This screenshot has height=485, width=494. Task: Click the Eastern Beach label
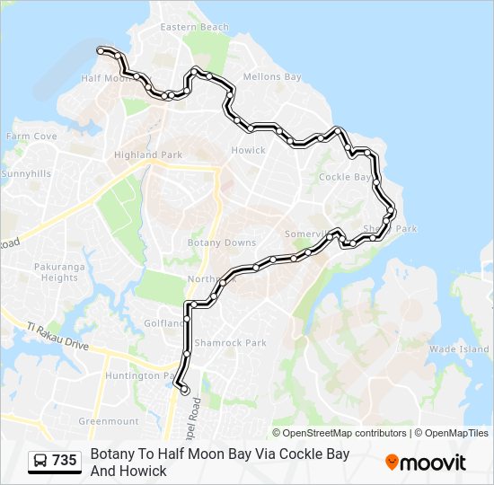(x=194, y=28)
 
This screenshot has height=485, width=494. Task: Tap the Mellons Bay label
(x=272, y=77)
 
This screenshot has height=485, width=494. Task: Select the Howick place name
(x=249, y=150)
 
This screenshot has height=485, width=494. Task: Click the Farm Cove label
(x=31, y=137)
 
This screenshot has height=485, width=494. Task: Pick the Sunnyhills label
(x=26, y=173)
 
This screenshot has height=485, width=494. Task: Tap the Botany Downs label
(x=221, y=243)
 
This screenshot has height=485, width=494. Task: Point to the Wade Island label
(x=459, y=348)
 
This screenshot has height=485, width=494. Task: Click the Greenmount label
(x=109, y=421)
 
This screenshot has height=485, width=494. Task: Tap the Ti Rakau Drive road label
(x=57, y=337)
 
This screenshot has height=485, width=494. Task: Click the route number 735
(x=65, y=461)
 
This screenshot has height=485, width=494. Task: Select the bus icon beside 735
(x=40, y=461)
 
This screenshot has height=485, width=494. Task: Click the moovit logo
(x=426, y=463)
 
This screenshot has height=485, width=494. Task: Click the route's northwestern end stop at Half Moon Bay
(x=101, y=50)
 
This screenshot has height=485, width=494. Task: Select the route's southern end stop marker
(x=185, y=391)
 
